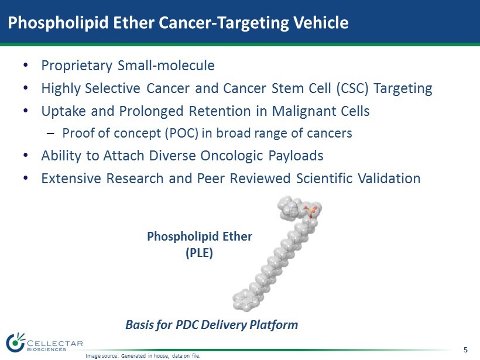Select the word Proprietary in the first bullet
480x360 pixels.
click(x=77, y=66)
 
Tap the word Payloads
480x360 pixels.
click(x=296, y=156)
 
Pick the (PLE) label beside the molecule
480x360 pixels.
click(x=199, y=253)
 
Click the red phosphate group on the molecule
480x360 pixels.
click(x=311, y=211)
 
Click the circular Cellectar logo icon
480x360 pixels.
click(x=15, y=342)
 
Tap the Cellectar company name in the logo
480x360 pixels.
click(x=55, y=344)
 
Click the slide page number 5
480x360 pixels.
click(x=465, y=350)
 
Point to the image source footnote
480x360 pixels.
click(x=143, y=356)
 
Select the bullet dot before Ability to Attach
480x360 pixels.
click(x=26, y=156)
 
